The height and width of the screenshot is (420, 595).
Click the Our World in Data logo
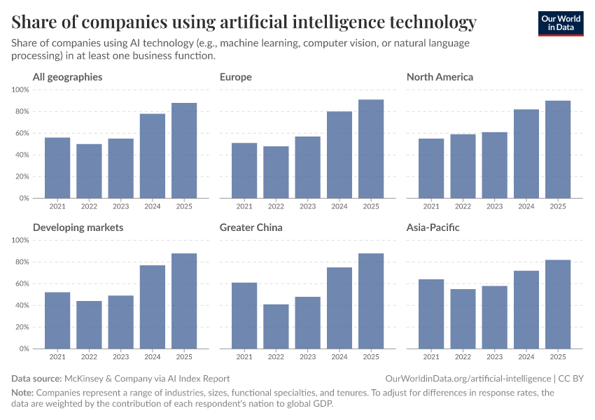click(x=560, y=24)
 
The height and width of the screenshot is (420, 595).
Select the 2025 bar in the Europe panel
click(x=371, y=149)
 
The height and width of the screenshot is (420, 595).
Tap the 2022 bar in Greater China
click(x=276, y=326)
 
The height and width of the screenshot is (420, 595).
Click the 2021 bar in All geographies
click(x=57, y=168)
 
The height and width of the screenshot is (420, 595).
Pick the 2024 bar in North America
click(x=526, y=154)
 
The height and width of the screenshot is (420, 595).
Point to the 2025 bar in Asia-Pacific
click(x=558, y=304)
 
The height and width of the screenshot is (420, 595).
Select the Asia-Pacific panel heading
click(x=433, y=227)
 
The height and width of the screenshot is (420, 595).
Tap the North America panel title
click(x=440, y=77)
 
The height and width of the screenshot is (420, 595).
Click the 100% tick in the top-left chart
click(x=20, y=90)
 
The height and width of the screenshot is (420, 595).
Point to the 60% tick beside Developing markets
click(x=21, y=283)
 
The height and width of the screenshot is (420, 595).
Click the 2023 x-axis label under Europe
click(x=307, y=206)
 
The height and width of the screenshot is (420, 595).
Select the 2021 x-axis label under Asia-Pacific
click(x=431, y=357)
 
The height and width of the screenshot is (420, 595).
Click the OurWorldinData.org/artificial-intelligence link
click(x=468, y=378)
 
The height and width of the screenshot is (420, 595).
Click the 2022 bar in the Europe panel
click(x=276, y=172)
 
